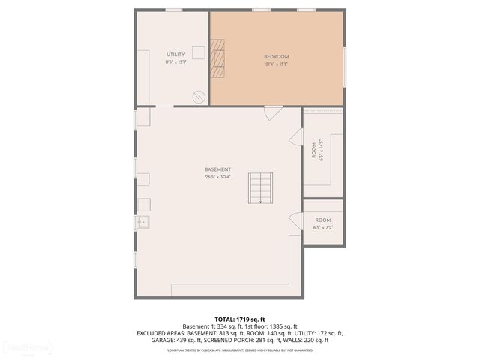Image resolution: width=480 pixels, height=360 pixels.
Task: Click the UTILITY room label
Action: point(175,55)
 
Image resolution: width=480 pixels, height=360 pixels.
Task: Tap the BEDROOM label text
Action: point(276,57)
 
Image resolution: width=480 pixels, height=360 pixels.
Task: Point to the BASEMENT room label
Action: point(217,169)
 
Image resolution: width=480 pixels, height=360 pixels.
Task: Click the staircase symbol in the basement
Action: point(260,187)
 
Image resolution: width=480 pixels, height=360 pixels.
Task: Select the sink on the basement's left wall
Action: point(142,222)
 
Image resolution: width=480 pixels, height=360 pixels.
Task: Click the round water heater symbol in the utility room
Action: point(199,97)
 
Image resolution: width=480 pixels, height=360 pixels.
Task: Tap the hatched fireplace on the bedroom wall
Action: point(217,58)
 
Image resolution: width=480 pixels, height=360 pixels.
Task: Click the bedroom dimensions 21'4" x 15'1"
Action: point(276,64)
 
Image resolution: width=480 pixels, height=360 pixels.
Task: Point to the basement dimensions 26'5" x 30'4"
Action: point(217,178)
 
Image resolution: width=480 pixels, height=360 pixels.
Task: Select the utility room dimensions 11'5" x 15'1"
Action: point(175,62)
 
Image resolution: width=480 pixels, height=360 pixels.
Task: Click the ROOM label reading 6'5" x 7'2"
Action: point(323,220)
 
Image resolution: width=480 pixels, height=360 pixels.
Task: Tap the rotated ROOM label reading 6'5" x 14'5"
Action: point(314,150)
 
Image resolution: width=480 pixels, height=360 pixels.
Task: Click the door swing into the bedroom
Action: point(273,112)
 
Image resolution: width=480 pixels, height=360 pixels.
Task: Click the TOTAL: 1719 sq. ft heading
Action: point(239,319)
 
